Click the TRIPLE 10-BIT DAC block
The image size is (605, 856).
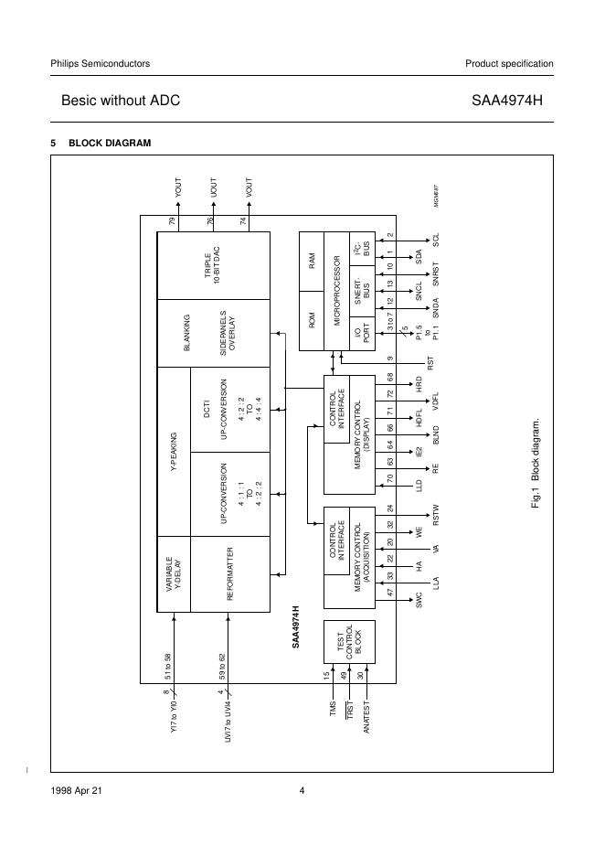pyautogui.click(x=214, y=265)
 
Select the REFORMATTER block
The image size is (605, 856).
pyautogui.click(x=229, y=574)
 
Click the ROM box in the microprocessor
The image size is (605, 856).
pyautogui.click(x=312, y=319)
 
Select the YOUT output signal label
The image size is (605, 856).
pyautogui.click(x=178, y=188)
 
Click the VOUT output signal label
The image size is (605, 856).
pyautogui.click(x=249, y=188)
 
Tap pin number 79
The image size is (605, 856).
pyautogui.click(x=172, y=222)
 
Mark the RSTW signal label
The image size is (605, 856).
pyautogui.click(x=437, y=516)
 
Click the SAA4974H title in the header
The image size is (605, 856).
pyautogui.click(x=506, y=101)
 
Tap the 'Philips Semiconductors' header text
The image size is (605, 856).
pyautogui.click(x=100, y=63)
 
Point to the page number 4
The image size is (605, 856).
pyautogui.click(x=302, y=792)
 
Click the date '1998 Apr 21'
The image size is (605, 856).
pyautogui.click(x=77, y=792)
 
